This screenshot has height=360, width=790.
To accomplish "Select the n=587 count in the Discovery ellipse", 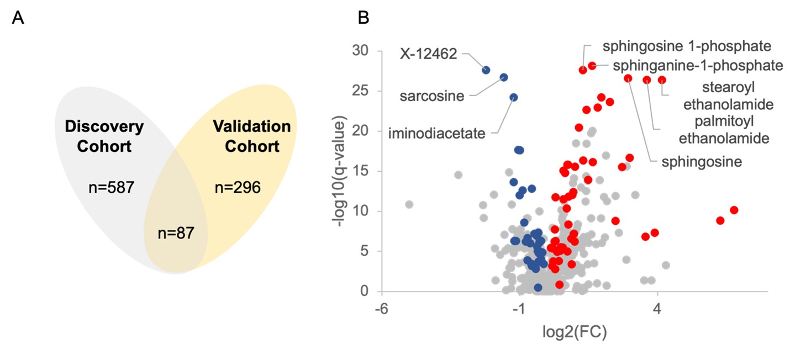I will [112, 188].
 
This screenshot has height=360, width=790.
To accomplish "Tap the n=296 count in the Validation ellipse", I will [238, 188].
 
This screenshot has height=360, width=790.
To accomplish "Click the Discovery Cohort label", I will [104, 137].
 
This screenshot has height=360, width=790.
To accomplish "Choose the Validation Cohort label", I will [251, 137].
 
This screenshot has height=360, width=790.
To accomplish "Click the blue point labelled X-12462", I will [486, 70].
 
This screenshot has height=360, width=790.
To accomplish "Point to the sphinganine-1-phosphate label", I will [698, 65].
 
